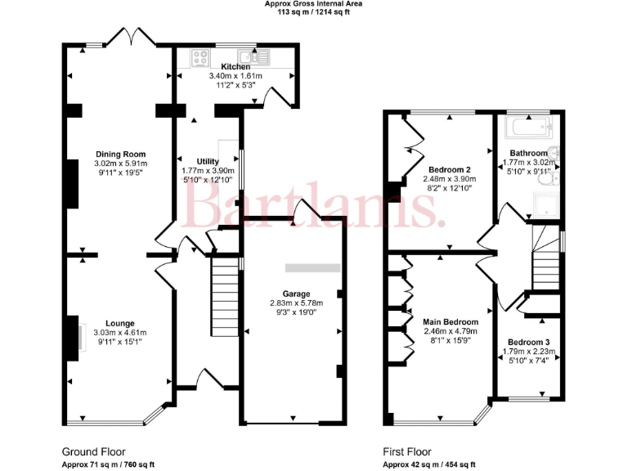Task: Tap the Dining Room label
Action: [x=120, y=154]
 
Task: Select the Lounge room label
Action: [x=119, y=323]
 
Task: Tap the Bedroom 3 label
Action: [x=528, y=342]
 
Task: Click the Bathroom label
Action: [x=529, y=153]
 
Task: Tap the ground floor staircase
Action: [x=224, y=290]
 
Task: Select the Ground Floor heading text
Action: [x=94, y=451]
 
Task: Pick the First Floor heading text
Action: [x=407, y=451]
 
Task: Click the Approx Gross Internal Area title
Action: [x=313, y=4]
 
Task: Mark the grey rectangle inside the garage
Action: [x=312, y=267]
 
